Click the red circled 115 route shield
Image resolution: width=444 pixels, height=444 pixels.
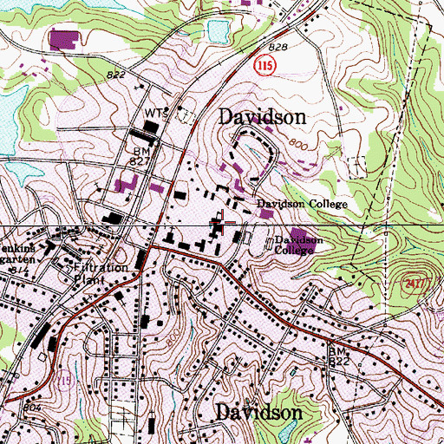click(266, 66)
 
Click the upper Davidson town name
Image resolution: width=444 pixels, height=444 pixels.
click(261, 116)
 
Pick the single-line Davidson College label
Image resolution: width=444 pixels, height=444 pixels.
click(300, 205)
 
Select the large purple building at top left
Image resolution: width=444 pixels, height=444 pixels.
click(62, 39)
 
